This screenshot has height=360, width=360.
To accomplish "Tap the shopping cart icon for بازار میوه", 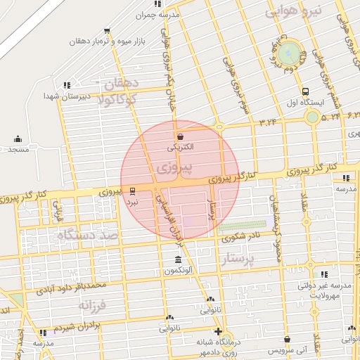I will click(x=106, y=31).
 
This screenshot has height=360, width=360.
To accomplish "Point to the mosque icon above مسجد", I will click(x=18, y=139).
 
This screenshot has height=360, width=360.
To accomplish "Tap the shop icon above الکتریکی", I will click(x=181, y=137).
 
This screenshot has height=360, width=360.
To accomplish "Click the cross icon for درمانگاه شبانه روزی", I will click(x=218, y=332).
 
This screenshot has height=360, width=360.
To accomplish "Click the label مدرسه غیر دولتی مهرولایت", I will click(x=324, y=291).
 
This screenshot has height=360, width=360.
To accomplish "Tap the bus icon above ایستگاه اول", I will click(x=305, y=92).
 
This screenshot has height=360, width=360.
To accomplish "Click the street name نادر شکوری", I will click(x=241, y=238).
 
